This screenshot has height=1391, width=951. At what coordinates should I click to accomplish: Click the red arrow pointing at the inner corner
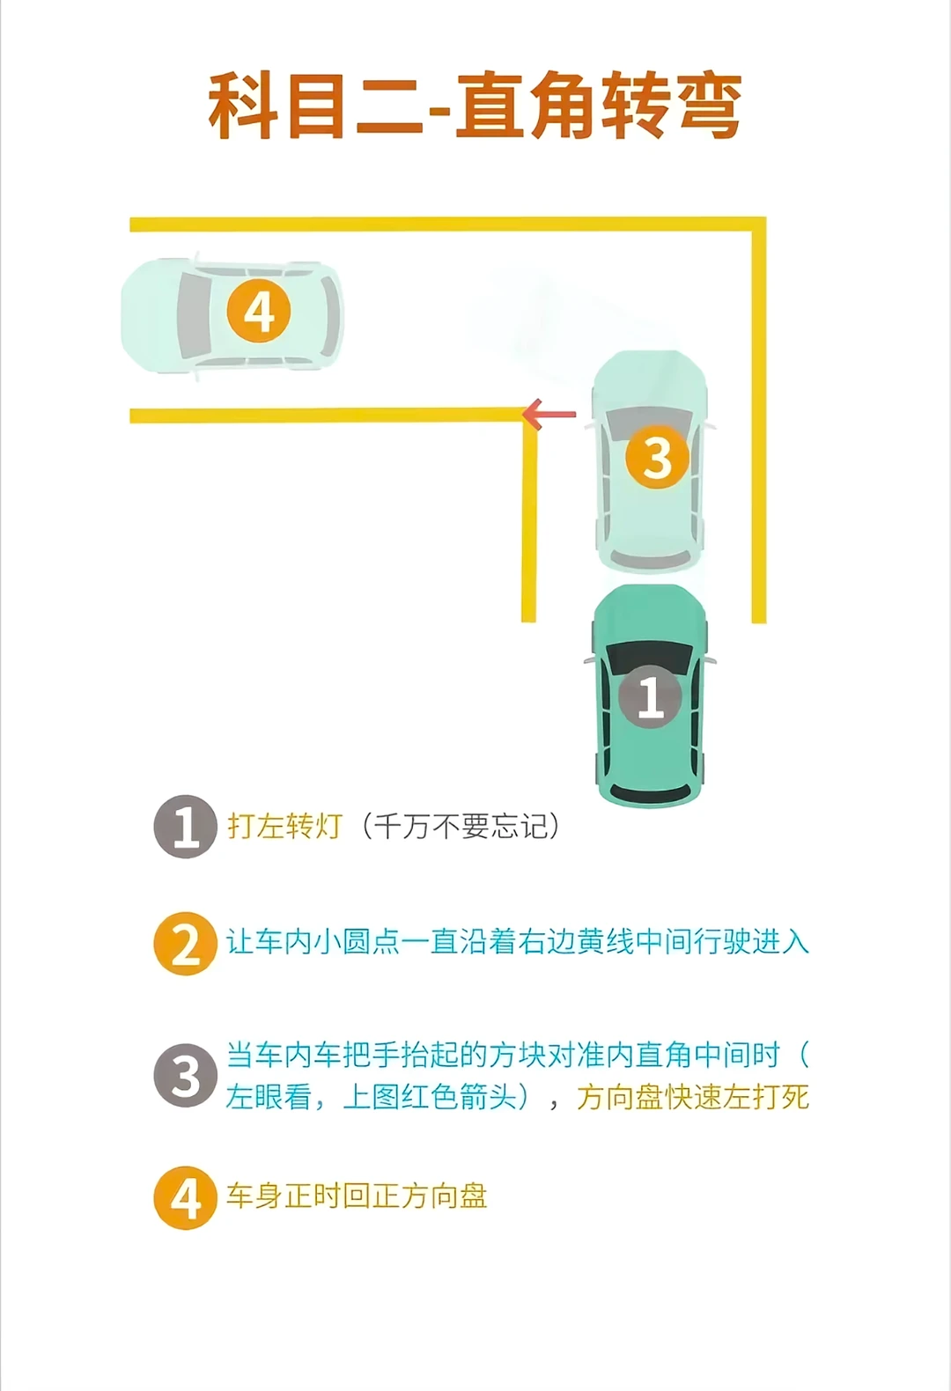pos(549,414)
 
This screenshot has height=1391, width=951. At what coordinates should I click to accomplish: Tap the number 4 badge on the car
pos(259,311)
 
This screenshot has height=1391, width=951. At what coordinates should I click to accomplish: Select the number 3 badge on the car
pos(657,457)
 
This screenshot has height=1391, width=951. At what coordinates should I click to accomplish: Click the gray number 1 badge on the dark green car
pos(651,695)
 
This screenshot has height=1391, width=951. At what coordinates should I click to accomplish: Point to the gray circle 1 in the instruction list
pos(185,827)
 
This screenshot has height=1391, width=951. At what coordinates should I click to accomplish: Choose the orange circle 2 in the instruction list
pos(185,943)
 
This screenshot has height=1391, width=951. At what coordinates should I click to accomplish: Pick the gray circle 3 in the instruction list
pos(185,1076)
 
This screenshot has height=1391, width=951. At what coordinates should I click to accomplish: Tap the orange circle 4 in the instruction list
pos(185,1198)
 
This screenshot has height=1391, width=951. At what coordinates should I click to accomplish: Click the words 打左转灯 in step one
pos(284,827)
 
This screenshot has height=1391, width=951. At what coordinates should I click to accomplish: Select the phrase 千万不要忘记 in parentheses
pos(461,827)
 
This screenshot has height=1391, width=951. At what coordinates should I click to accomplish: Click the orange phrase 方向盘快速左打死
pos(693,1097)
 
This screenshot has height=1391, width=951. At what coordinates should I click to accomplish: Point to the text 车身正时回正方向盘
pos(357,1196)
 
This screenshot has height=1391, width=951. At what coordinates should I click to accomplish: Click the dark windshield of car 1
pos(650,659)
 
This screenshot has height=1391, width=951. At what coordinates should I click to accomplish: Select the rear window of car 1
pos(650,793)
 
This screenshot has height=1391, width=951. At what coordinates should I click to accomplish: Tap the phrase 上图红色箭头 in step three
pos(430,1097)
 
